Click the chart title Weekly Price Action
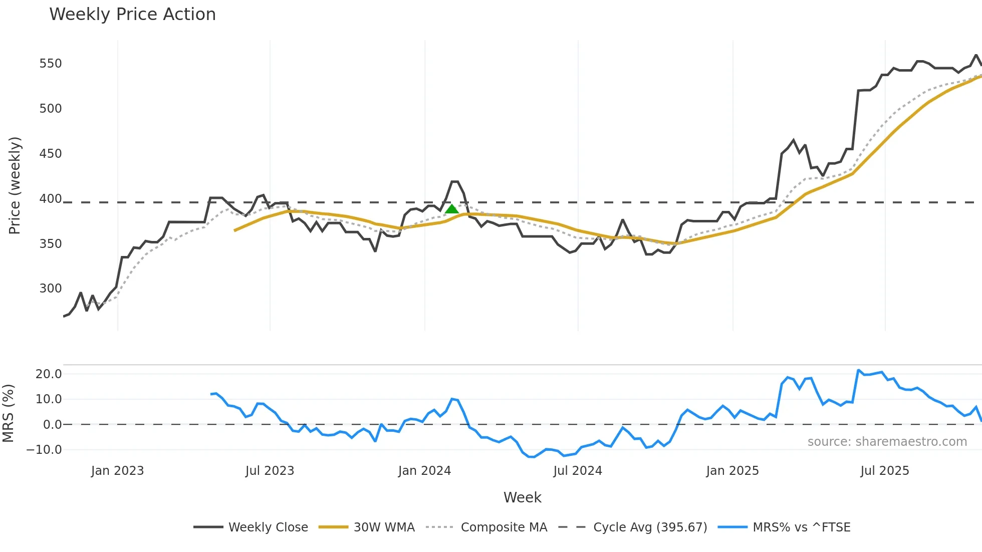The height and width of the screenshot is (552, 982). click(132, 15)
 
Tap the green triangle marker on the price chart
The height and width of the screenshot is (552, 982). click(452, 209)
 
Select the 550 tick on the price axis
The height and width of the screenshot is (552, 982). click(51, 64)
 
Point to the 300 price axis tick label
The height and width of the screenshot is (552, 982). click(51, 289)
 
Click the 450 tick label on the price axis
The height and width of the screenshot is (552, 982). click(51, 154)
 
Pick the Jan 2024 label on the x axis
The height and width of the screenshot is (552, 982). click(424, 471)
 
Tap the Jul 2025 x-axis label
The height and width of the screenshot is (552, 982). click(884, 471)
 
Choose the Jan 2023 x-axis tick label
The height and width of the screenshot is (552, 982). click(117, 471)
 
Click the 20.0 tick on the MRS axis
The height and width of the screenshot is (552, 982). click(49, 374)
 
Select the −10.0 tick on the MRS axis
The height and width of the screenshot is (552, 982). click(44, 450)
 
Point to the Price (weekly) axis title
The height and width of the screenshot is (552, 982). click(15, 185)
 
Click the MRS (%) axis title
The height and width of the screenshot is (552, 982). click(8, 413)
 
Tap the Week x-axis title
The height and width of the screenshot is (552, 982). click(522, 497)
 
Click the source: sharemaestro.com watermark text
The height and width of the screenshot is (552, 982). click(887, 442)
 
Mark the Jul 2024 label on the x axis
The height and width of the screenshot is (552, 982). click(577, 471)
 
